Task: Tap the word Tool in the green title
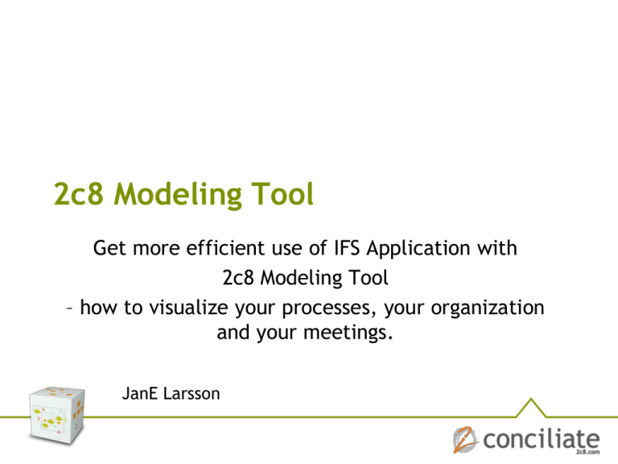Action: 278,193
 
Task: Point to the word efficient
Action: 231,249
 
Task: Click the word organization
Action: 482,309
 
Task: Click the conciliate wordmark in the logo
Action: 541,440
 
